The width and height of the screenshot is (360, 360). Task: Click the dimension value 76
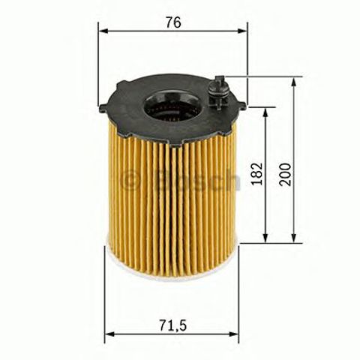pyautogui.click(x=172, y=22)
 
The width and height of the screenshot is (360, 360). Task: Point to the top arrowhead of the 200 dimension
pyautogui.click(x=294, y=80)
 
